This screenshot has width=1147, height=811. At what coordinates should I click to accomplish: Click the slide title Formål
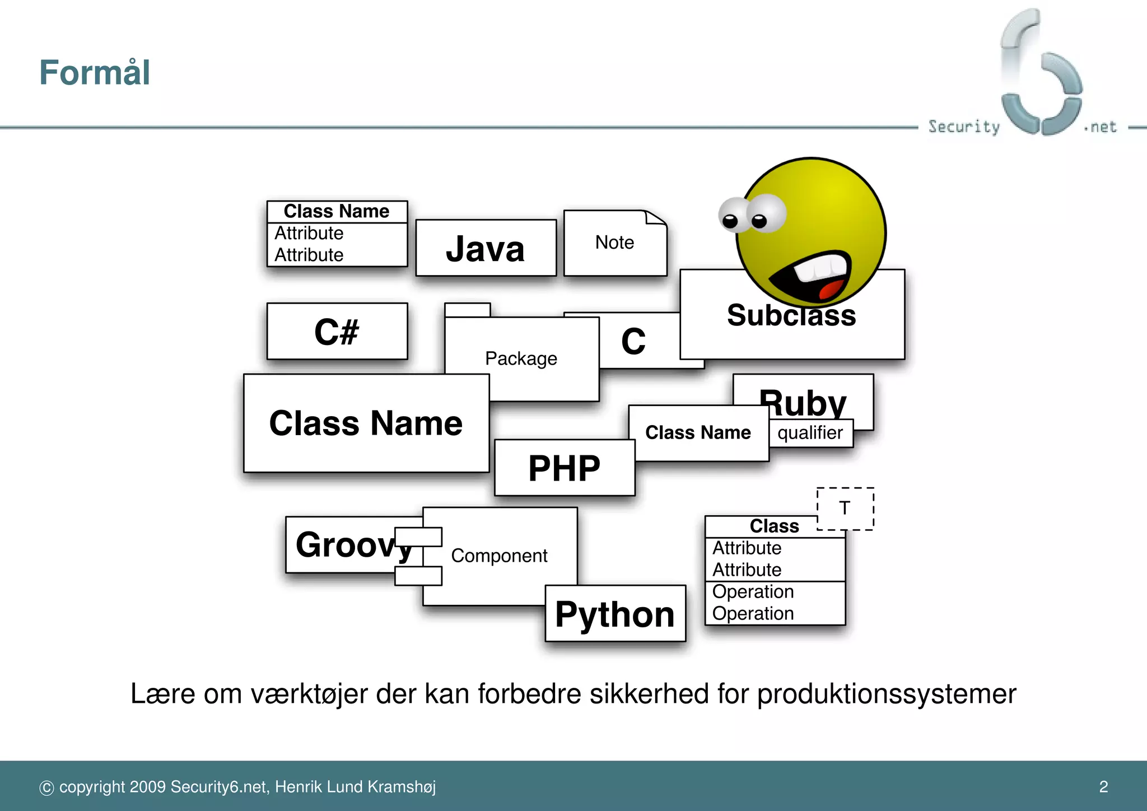tap(95, 73)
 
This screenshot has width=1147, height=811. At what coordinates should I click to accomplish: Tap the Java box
tap(486, 248)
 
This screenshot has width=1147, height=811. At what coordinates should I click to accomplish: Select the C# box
tap(337, 332)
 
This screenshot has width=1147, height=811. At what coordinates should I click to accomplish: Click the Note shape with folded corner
tap(614, 243)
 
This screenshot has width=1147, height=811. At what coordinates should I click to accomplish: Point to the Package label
tap(521, 358)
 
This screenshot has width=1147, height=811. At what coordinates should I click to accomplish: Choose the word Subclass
tap(791, 316)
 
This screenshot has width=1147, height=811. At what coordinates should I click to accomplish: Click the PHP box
tap(564, 468)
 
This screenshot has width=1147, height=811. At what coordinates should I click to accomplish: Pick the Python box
tap(615, 614)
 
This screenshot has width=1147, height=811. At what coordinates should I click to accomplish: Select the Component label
tap(499, 556)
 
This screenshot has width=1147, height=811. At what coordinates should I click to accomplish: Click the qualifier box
tap(810, 433)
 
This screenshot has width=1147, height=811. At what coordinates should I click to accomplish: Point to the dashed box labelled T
tap(845, 509)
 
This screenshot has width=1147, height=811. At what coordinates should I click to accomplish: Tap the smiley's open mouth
tap(812, 277)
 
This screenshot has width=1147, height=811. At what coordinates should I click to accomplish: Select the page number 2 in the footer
tap(1103, 786)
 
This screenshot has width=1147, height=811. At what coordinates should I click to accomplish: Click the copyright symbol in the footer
tap(46, 787)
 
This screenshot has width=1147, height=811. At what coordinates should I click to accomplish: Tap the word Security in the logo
tap(963, 127)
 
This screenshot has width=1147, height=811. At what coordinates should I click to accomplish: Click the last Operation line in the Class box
tap(753, 614)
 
